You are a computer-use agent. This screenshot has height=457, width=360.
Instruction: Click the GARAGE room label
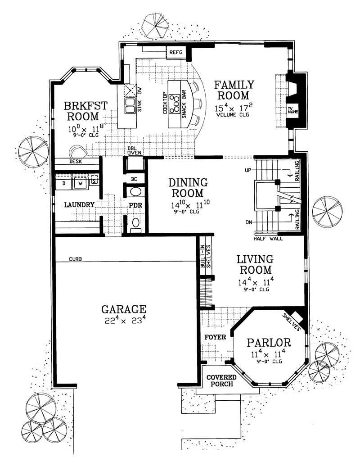coord(123,309)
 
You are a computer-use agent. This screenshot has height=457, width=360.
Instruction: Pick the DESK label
coord(75,161)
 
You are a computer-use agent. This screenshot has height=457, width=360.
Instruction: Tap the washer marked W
coord(80,184)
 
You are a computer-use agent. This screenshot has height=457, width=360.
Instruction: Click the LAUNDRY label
coord(79,205)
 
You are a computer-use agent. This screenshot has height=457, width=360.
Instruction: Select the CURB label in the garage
coord(75,259)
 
